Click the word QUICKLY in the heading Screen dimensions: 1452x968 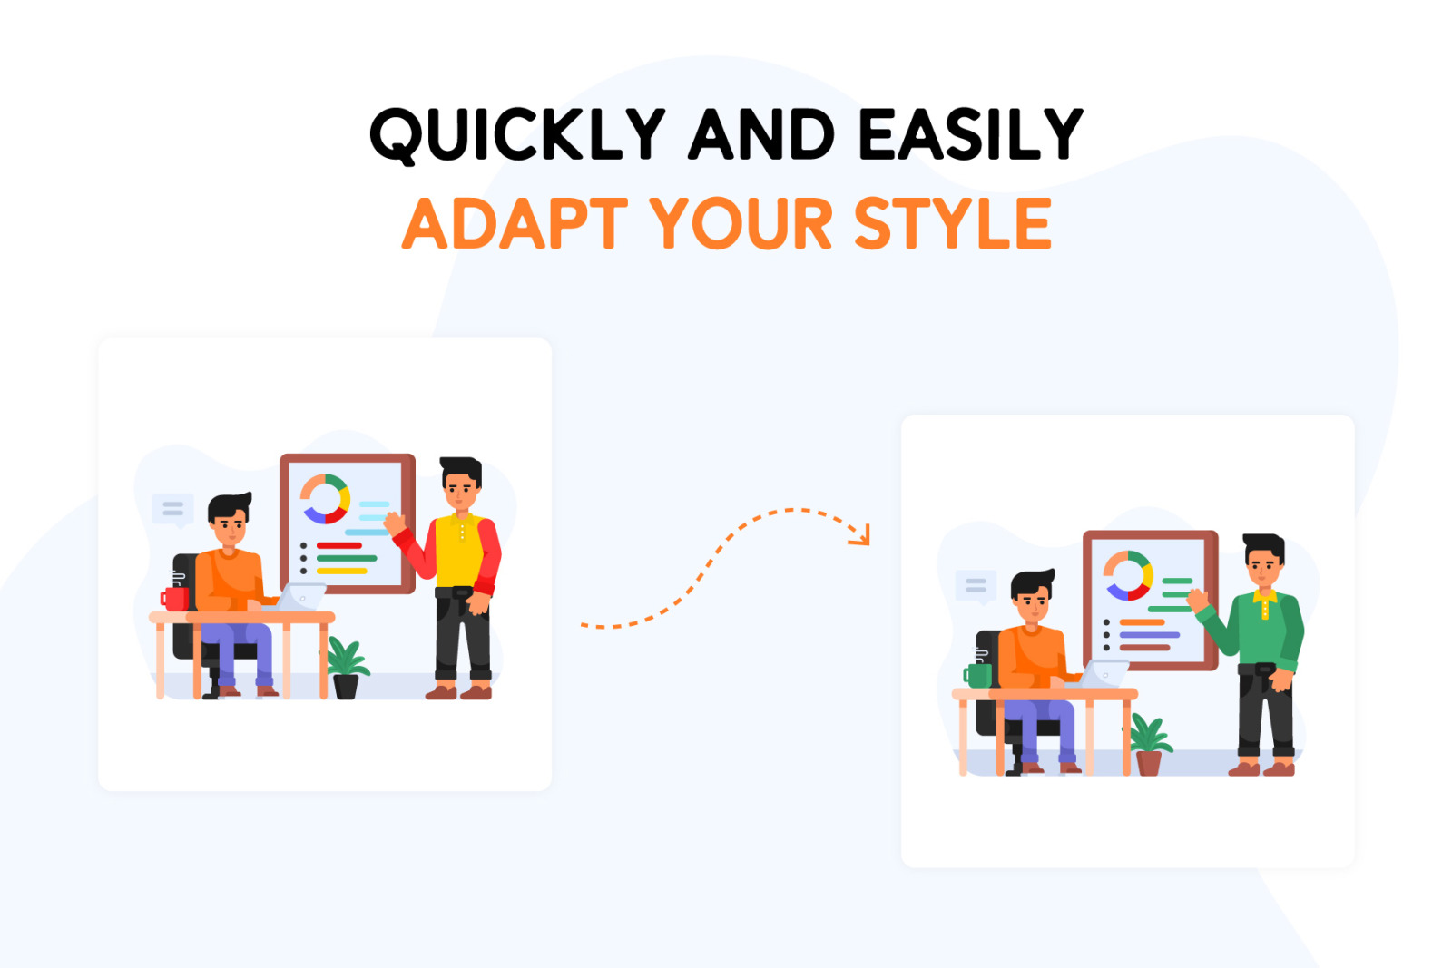coord(516,135)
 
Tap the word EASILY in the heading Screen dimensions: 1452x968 coord(970,133)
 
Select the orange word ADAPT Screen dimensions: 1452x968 coord(515,223)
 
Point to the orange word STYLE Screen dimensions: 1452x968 coord(953,223)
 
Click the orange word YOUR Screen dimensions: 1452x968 coord(741,223)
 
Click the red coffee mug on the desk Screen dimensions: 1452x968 coord(174,599)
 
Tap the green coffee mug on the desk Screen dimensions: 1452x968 coord(976,676)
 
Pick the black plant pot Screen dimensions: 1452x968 coord(346,686)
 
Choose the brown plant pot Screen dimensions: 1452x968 coord(1149,763)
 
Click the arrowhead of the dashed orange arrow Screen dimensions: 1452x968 coord(861,536)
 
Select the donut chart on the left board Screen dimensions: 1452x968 coord(325,499)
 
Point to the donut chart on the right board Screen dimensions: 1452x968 coord(1128,575)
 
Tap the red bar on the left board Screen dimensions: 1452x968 coord(339,545)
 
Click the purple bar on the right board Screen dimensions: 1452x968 coord(1149,635)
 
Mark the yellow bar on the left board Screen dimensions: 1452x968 coord(341,571)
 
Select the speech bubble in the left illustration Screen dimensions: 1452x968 coord(173,510)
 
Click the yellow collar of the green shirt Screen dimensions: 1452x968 coord(1265,598)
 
